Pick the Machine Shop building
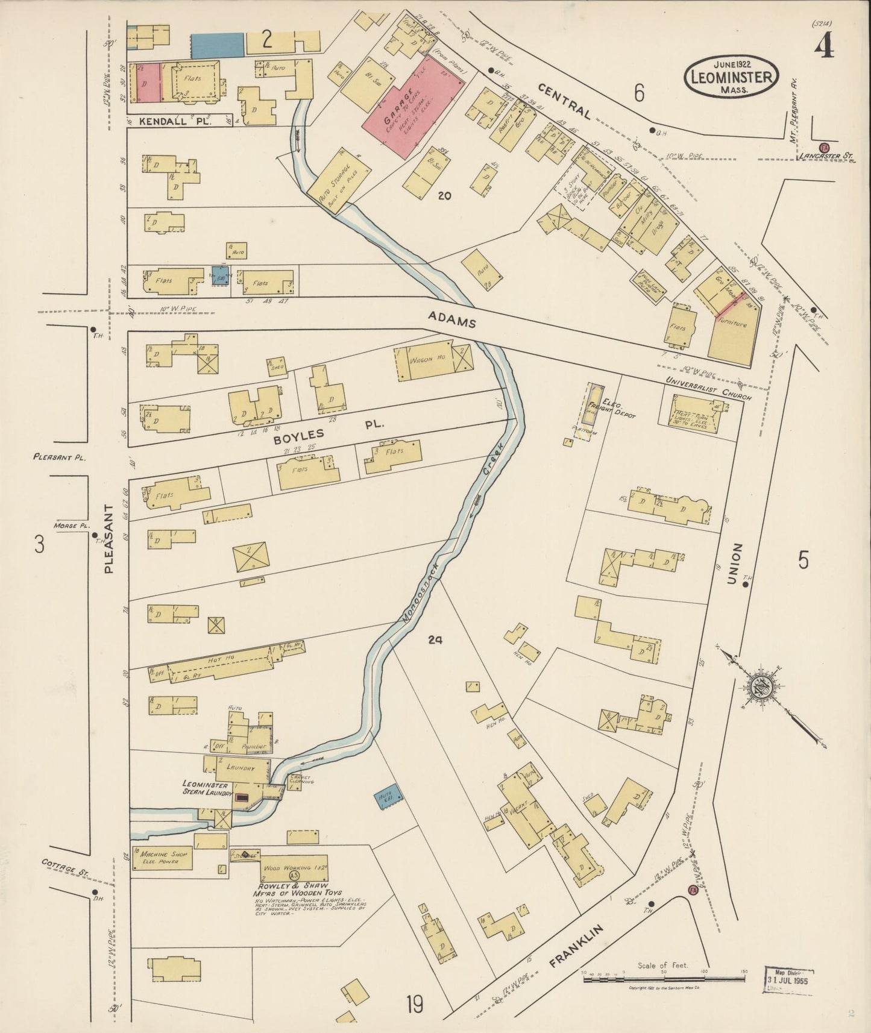click(x=163, y=858)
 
